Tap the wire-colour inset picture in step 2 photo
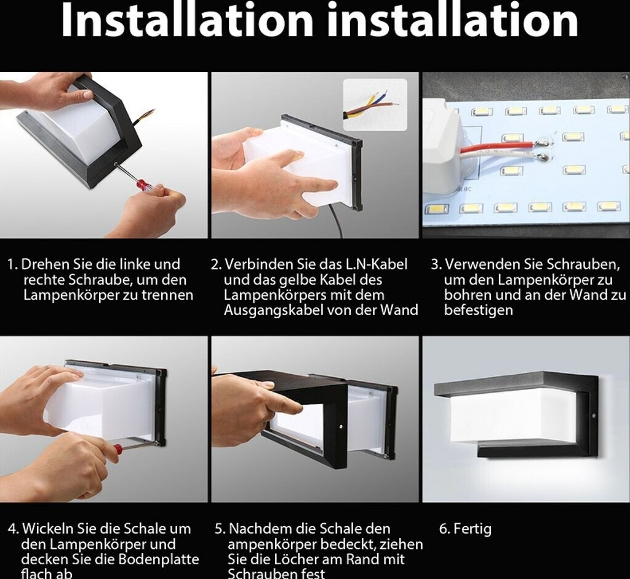click(x=375, y=105)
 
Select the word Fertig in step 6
click(x=472, y=529)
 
